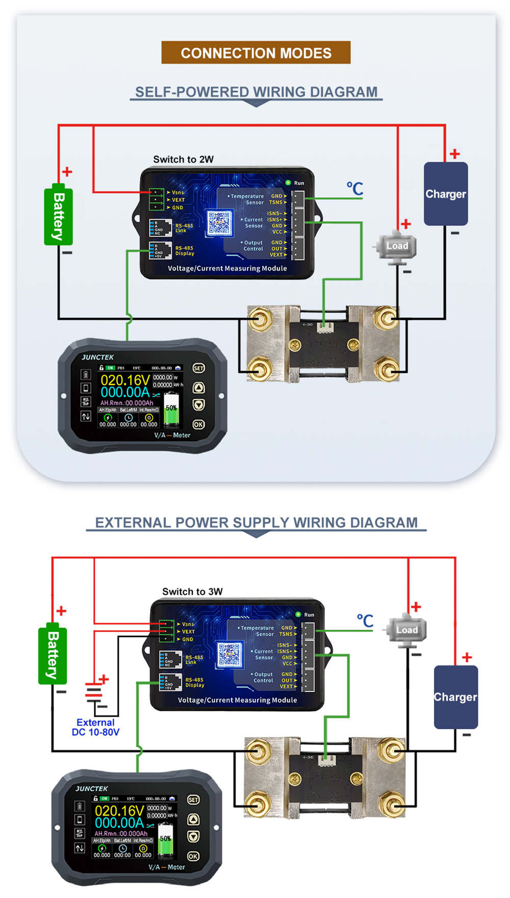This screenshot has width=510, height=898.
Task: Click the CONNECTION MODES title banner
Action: [x=256, y=53]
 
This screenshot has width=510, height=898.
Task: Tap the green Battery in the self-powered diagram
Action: [x=59, y=216]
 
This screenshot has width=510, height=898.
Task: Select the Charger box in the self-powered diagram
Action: [x=446, y=194]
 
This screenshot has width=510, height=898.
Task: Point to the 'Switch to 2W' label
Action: [x=183, y=160]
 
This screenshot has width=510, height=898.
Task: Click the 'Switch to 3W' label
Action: [x=192, y=592]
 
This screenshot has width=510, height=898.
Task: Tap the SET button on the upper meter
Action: [x=198, y=368]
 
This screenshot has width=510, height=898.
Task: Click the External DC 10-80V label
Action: [x=95, y=727]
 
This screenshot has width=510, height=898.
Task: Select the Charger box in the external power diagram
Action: [x=455, y=697]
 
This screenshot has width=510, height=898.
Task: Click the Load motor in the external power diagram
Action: [x=406, y=630]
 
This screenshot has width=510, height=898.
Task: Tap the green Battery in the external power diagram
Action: [x=53, y=654]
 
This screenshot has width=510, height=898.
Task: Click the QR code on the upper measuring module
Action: [x=219, y=223]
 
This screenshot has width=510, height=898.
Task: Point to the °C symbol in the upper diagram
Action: [x=355, y=188]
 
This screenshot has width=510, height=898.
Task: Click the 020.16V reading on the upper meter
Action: [x=125, y=380]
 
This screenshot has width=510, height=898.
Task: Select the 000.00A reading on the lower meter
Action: [x=119, y=823]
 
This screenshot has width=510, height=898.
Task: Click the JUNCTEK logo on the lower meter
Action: [x=92, y=788]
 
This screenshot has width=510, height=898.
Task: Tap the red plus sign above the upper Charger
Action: [x=454, y=153]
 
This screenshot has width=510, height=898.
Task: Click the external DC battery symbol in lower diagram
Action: [x=94, y=692]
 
